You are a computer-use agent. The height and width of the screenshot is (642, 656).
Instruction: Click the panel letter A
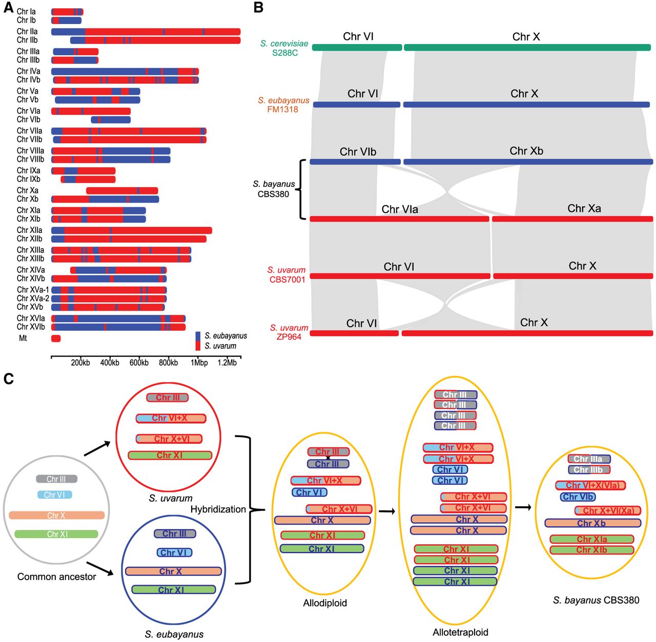point(8,7)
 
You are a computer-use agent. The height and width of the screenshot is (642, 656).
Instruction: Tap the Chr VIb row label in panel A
point(29,119)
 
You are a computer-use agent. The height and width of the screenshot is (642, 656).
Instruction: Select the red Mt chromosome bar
point(56,338)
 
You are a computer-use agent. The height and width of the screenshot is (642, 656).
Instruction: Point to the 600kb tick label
point(139,362)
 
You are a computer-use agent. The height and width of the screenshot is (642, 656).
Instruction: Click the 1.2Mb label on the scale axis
point(227,362)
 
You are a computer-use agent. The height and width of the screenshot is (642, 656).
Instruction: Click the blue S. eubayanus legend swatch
point(198,336)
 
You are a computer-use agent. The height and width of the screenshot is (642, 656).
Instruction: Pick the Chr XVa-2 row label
point(33,298)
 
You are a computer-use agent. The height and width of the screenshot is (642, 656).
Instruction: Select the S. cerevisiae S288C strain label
point(284,48)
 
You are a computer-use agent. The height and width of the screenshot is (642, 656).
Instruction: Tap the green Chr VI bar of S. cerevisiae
point(357,47)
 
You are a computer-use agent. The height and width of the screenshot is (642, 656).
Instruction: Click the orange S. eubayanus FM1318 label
point(283,105)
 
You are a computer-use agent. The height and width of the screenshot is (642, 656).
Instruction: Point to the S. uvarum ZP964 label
point(289,332)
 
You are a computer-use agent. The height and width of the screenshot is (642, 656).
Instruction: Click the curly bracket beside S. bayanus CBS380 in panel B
point(301,189)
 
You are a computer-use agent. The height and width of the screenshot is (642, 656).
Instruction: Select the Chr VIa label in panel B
point(400,209)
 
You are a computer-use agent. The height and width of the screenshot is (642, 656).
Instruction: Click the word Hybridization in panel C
point(218,509)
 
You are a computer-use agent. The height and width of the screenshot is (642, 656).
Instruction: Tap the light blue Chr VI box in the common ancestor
point(54,495)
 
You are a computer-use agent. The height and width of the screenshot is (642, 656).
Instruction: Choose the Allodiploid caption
point(325,603)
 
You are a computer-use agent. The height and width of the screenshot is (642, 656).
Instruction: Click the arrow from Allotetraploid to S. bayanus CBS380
point(523,507)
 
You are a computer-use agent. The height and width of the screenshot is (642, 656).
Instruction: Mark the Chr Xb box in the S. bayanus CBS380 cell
point(592,523)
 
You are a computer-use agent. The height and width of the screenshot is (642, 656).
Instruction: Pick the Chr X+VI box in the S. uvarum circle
point(169,439)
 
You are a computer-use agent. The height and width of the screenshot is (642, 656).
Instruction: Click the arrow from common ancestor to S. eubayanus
point(100,568)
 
